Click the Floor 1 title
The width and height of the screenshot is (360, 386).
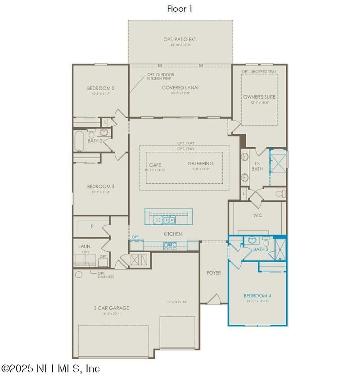(x=180, y=9)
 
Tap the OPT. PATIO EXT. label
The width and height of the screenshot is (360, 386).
(x=180, y=40)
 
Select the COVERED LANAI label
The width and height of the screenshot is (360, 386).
(x=180, y=87)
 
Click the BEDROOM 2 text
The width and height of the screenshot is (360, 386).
(x=101, y=88)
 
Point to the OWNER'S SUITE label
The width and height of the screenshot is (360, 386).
(x=259, y=97)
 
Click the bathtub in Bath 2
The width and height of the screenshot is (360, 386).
(x=79, y=141)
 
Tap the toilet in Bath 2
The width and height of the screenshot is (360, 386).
(x=92, y=134)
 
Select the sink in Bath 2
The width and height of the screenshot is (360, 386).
(x=104, y=133)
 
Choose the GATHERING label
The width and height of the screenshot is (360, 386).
(x=200, y=163)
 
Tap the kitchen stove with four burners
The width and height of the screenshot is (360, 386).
(x=171, y=246)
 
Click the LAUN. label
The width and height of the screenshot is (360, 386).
(x=85, y=246)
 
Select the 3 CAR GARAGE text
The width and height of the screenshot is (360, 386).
(x=111, y=308)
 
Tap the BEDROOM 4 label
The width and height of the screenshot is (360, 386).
(x=257, y=295)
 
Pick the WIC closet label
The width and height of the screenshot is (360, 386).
(x=257, y=215)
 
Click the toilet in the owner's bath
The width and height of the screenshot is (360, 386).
(x=279, y=194)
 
